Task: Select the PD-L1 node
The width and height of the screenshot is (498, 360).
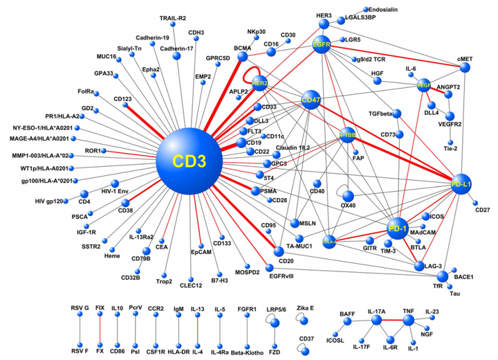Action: [460, 183]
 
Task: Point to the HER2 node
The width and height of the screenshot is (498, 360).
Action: [260, 83]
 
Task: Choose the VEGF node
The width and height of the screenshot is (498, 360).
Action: [425, 84]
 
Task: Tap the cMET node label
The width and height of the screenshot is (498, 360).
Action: [465, 60]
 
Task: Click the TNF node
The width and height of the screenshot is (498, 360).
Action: [407, 321]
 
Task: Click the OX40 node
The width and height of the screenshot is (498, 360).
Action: [348, 196]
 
